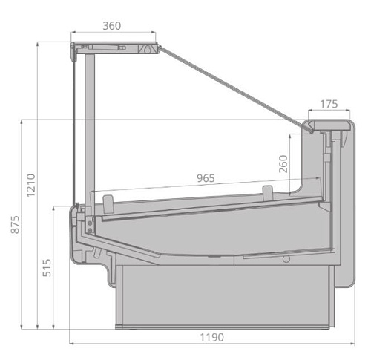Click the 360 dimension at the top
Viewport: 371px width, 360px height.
pos(112,25)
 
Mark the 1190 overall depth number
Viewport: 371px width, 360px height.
pos(211,337)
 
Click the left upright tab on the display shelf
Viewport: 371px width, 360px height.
pos(108,201)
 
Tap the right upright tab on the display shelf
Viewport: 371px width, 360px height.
pos(267,193)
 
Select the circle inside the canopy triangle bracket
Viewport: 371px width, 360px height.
pos(148,50)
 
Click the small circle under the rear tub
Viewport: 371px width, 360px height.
pos(285,259)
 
